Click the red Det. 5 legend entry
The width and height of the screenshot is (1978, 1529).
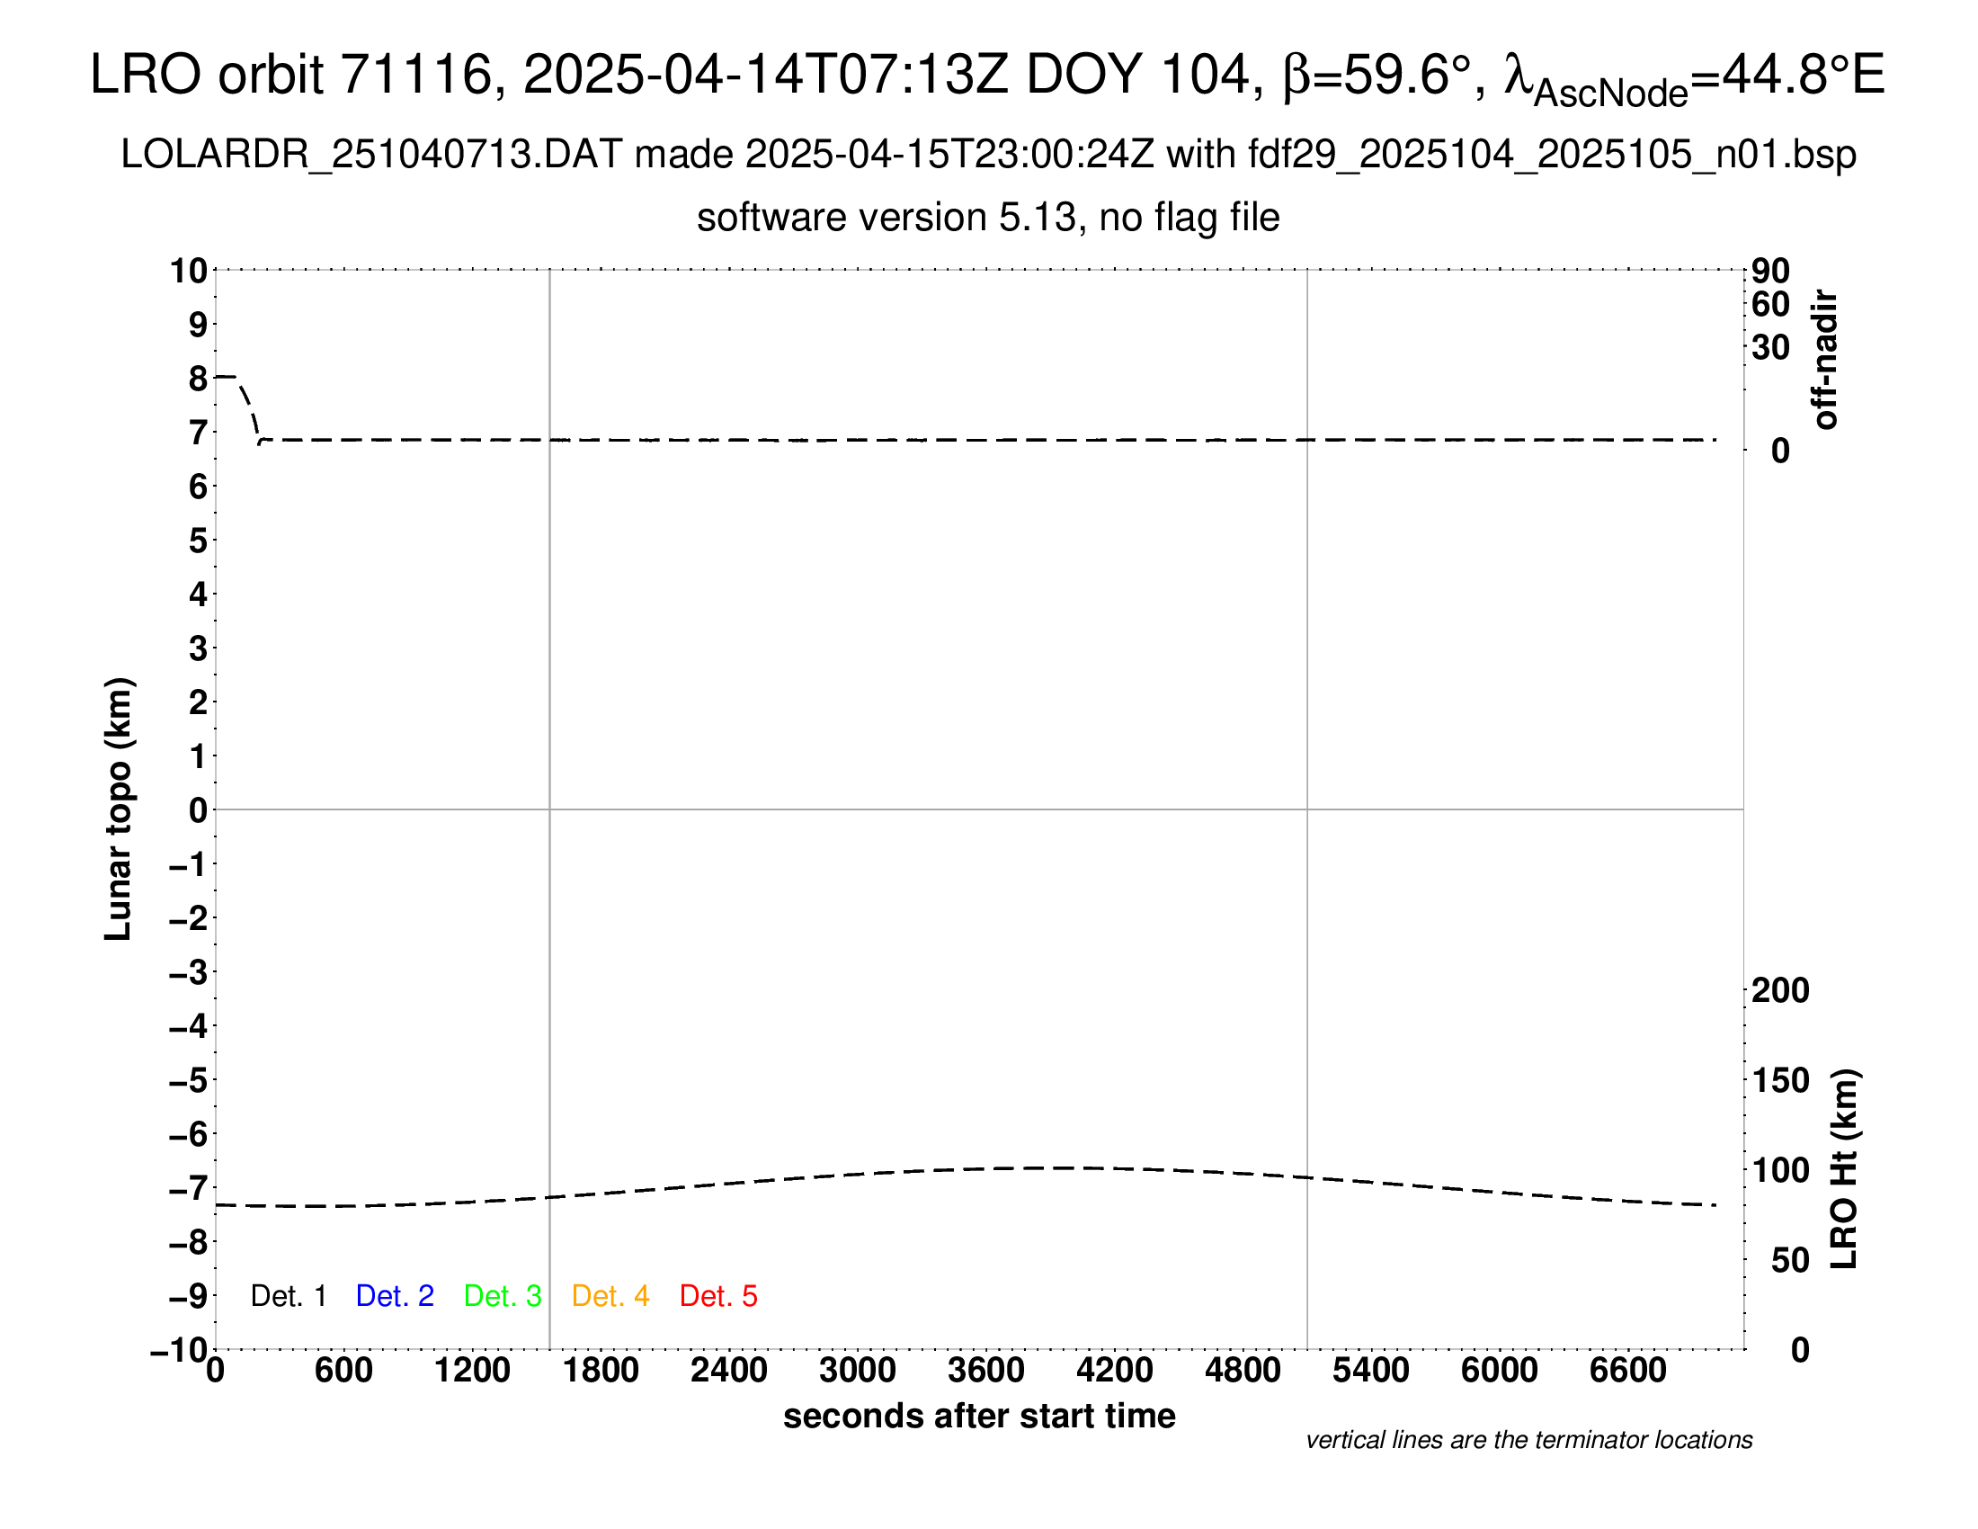click(x=718, y=1296)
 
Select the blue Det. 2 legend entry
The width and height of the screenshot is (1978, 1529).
click(x=395, y=1296)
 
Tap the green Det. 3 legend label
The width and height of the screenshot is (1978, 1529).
click(x=503, y=1296)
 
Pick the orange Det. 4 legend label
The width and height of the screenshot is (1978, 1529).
click(x=610, y=1296)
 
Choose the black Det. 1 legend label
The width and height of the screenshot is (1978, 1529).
click(x=288, y=1296)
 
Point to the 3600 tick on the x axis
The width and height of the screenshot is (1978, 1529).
click(x=986, y=1371)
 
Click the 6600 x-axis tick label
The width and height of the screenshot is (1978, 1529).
click(x=1627, y=1371)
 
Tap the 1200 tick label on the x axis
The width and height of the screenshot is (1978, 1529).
click(x=472, y=1371)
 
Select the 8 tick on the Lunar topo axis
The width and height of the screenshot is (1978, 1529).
click(x=198, y=379)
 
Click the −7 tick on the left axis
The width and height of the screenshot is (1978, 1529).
click(x=189, y=1188)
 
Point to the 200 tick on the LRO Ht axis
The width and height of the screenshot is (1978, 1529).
click(x=1780, y=990)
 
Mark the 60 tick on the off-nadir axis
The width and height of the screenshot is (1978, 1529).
click(x=1770, y=305)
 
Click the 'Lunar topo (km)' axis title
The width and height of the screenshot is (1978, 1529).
click(x=119, y=809)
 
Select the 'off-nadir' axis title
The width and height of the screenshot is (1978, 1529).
click(x=1825, y=360)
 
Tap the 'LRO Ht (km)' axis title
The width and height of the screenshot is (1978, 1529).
click(x=1844, y=1169)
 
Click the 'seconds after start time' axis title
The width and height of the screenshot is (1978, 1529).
click(x=979, y=1416)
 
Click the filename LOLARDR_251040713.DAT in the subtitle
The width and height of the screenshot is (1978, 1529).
click(x=371, y=155)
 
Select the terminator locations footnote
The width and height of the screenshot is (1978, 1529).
click(x=1528, y=1440)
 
